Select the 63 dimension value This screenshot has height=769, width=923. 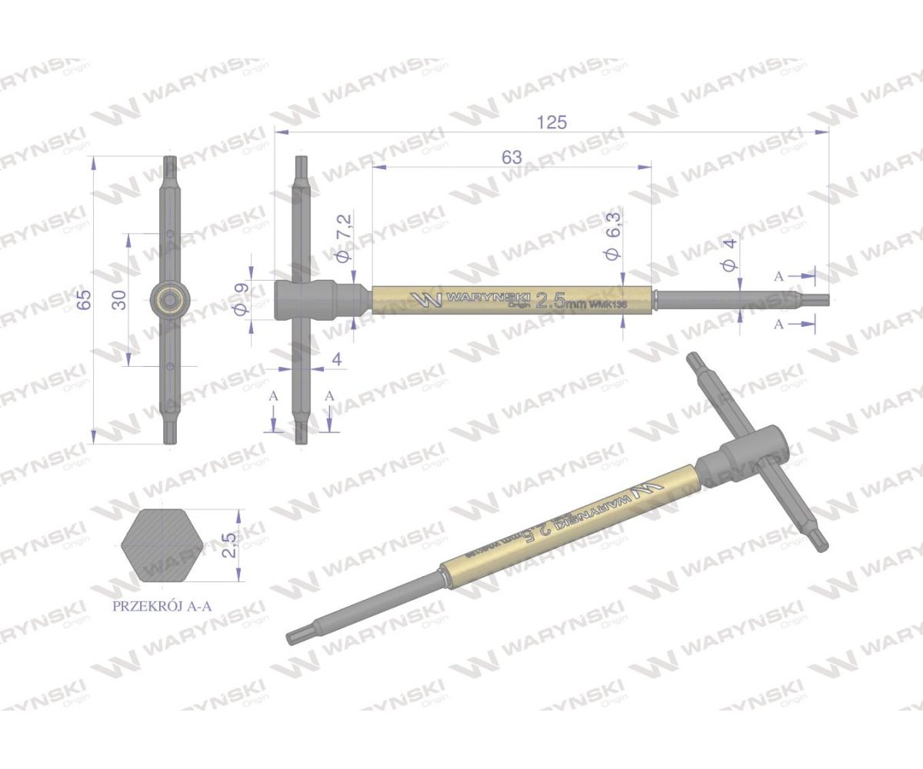click(x=511, y=157)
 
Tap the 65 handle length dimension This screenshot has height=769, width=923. click(x=85, y=298)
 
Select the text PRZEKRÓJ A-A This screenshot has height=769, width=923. click(x=162, y=605)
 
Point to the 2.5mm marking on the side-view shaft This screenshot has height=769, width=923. click(x=559, y=300)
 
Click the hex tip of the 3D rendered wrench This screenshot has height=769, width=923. click(x=296, y=635)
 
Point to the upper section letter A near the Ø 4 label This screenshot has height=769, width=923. click(x=779, y=275)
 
